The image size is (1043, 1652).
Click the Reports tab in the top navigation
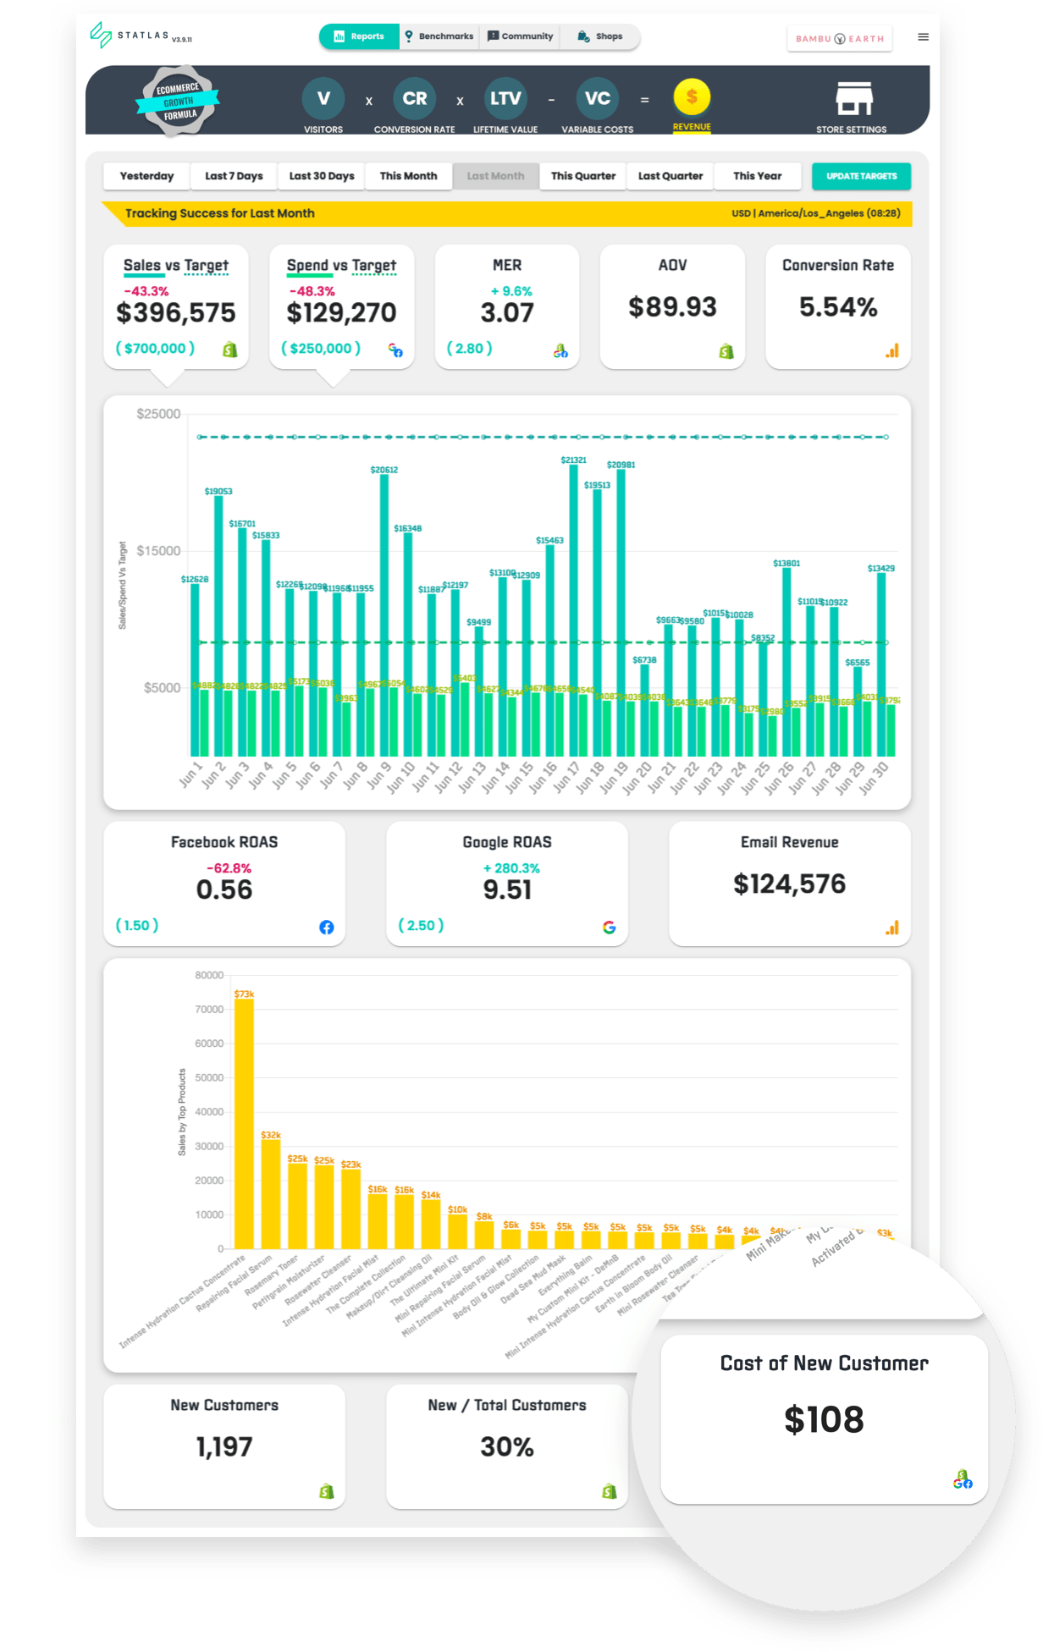coord(359,36)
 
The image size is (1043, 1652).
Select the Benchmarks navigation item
coord(439,36)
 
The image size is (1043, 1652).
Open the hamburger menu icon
coord(923,37)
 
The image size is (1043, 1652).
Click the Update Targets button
coord(861,176)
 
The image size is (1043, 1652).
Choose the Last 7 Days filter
coord(234,176)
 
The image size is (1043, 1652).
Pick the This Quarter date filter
coord(582,176)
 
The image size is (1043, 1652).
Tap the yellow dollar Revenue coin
coord(692,98)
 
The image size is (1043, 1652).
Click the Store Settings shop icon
coord(853,99)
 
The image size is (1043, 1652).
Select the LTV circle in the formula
coord(505,99)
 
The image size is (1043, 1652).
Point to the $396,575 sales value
coord(176,313)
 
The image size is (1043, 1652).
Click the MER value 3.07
coord(507,313)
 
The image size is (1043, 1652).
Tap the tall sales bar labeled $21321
coord(574,609)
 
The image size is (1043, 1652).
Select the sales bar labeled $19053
coord(218,626)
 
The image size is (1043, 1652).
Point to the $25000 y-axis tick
coord(158,414)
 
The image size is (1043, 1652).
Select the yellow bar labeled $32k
coord(271,1193)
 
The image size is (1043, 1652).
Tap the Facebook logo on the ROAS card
coord(326,928)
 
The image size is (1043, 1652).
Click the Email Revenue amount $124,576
coord(789,884)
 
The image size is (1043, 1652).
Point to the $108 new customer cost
coord(824,1420)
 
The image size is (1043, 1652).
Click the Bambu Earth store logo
coord(839,39)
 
